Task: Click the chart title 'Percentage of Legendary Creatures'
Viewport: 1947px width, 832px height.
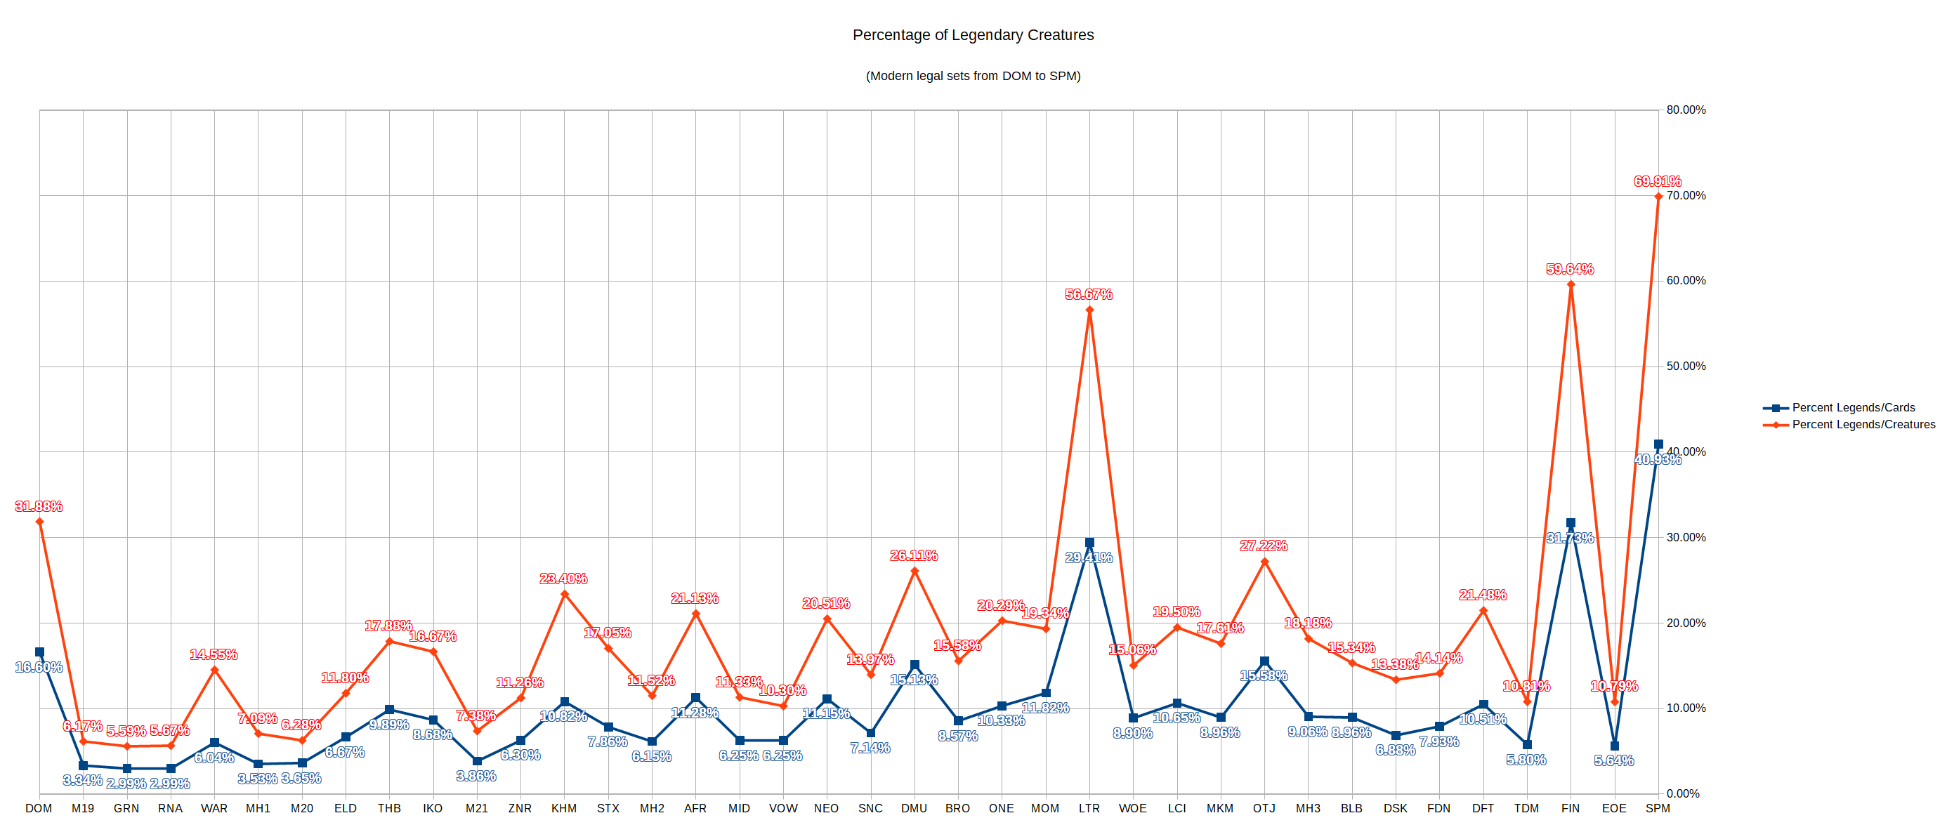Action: coord(973,35)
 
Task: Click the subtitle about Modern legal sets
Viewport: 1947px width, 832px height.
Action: coord(973,76)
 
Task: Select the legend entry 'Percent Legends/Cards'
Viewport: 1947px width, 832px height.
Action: coord(1852,407)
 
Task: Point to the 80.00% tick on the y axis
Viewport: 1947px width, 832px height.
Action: coord(1686,110)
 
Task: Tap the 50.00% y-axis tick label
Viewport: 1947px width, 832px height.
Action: coord(1686,367)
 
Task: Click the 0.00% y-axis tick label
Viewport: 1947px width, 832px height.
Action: coord(1682,793)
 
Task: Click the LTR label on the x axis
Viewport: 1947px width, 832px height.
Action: coord(1089,809)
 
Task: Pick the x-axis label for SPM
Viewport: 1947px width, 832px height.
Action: coord(1658,809)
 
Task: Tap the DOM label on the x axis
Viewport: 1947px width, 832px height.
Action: coord(39,809)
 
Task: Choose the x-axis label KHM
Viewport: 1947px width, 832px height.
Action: coord(564,809)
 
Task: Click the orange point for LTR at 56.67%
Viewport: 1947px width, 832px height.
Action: coord(1089,310)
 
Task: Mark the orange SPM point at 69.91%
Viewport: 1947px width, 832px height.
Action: coord(1658,197)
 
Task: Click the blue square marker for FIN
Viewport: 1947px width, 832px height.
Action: coord(1571,523)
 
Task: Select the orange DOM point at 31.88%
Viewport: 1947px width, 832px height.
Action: coord(39,522)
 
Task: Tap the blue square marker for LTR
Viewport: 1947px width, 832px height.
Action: coord(1089,543)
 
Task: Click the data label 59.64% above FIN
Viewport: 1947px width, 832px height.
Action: coord(1570,269)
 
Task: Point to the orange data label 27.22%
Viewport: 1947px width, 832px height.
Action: coord(1263,546)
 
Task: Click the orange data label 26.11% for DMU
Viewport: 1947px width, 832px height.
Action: coord(914,555)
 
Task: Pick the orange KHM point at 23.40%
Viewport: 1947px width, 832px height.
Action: coord(565,594)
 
